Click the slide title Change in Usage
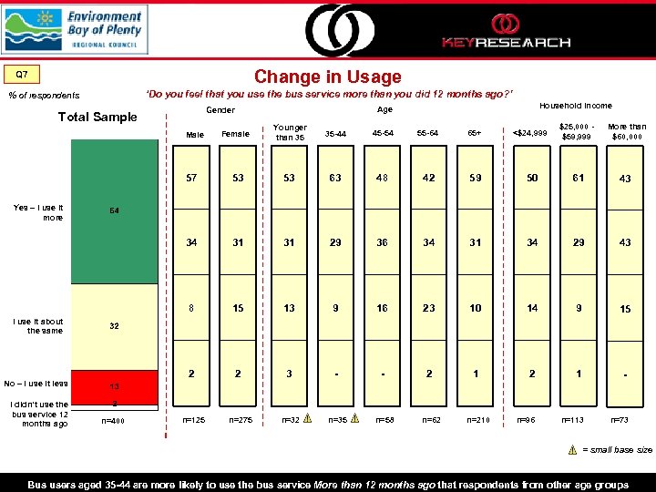pyautogui.click(x=327, y=77)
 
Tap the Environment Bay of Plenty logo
pyautogui.click(x=74, y=29)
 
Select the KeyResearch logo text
pyautogui.click(x=506, y=42)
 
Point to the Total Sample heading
pyautogui.click(x=97, y=116)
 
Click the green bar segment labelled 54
pyautogui.click(x=115, y=210)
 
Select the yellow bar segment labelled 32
pyautogui.click(x=115, y=326)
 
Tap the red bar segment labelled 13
pyautogui.click(x=115, y=385)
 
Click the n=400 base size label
pyautogui.click(x=114, y=421)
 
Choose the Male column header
pyautogui.click(x=195, y=135)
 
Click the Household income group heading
pyautogui.click(x=576, y=106)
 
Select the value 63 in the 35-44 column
pyautogui.click(x=335, y=178)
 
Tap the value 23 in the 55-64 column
pyautogui.click(x=429, y=308)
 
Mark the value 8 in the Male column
pyautogui.click(x=190, y=308)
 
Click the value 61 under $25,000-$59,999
pyautogui.click(x=576, y=178)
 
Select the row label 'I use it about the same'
pyautogui.click(x=39, y=325)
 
